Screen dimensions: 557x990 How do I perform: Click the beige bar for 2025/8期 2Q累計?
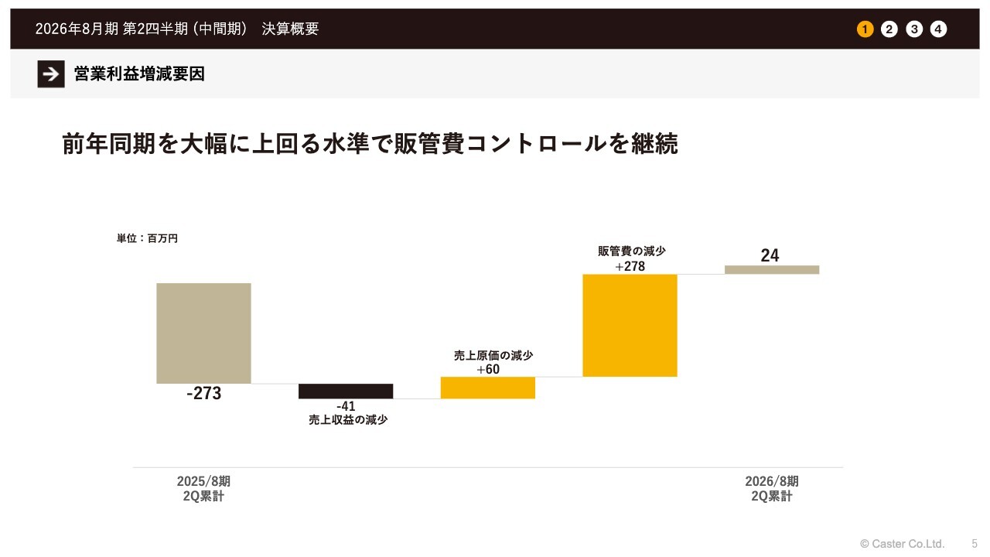203,333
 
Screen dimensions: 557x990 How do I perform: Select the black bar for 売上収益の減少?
346,391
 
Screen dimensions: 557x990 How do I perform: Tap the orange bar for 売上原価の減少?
487,388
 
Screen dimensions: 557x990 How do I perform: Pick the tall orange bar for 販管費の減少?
630,325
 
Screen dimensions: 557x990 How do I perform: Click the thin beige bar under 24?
771,269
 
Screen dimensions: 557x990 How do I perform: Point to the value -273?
204,394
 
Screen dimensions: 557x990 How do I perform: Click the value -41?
346,406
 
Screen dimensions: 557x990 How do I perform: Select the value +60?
488,369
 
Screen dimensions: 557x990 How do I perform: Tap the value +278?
630,266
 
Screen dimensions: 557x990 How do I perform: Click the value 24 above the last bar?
770,255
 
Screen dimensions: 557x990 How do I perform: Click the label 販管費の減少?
631,251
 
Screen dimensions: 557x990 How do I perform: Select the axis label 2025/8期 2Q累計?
203,489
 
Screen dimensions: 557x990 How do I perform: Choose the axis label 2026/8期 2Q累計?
772,489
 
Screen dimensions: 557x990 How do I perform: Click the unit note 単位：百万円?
147,238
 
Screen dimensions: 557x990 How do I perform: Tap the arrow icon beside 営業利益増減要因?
51,74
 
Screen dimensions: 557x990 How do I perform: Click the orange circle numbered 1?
865,29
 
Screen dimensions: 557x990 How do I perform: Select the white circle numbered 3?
914,29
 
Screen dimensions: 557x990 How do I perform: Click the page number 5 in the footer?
975,544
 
